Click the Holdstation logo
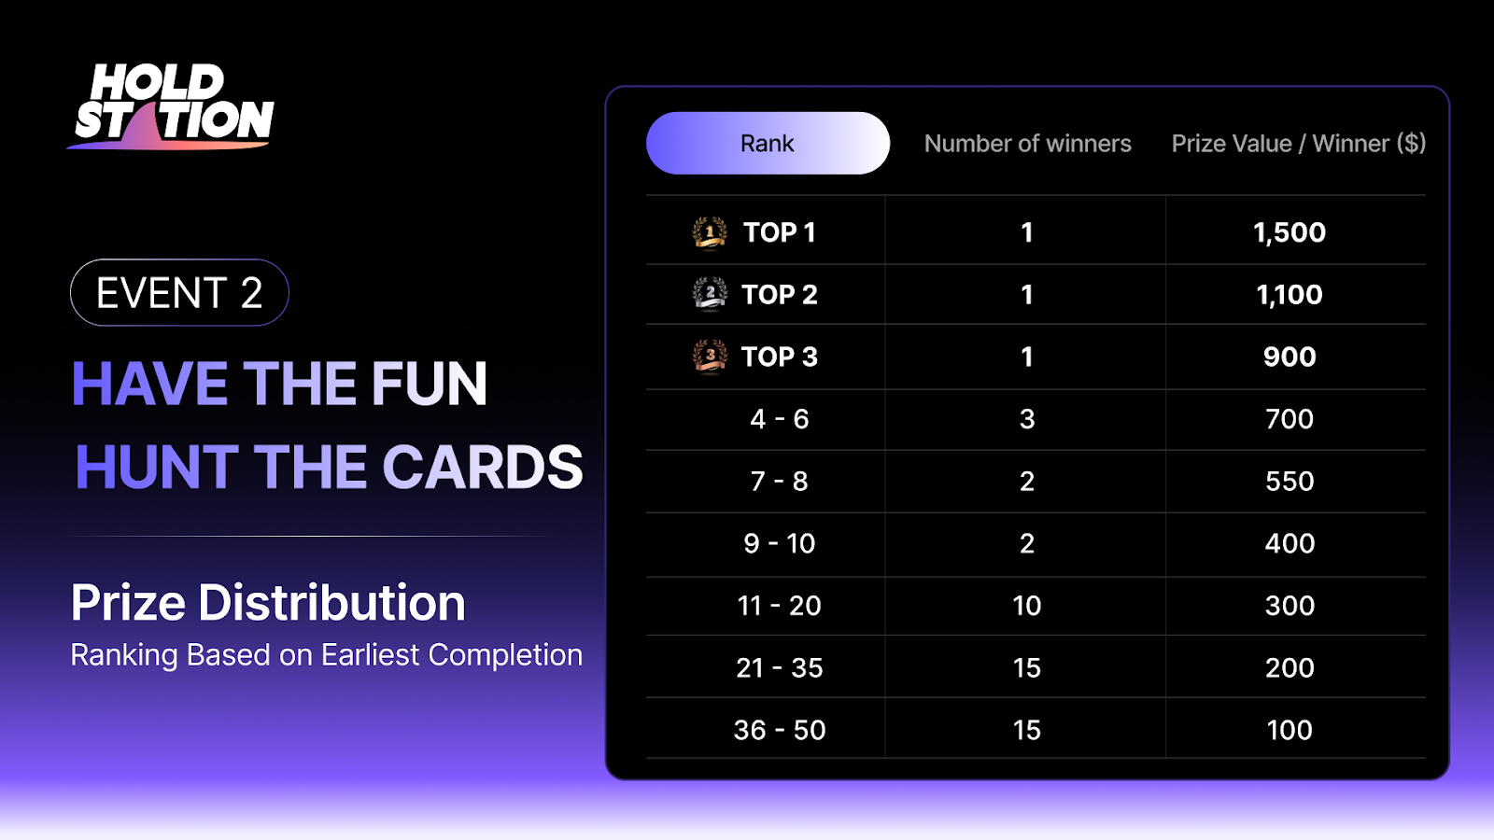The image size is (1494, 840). point(171,106)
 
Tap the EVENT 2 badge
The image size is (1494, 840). point(179,293)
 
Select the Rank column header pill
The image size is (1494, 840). point(768,144)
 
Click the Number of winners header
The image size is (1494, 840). point(1027,144)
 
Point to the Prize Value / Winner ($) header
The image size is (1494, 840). point(1299,144)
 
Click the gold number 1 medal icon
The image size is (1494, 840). point(709,232)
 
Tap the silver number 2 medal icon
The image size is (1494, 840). point(709,294)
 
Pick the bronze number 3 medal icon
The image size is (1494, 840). point(709,357)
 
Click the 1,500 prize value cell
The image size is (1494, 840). point(1290,232)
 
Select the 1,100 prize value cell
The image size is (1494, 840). point(1290,295)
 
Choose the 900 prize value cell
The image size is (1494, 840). point(1290,357)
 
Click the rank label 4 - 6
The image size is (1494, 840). point(779,419)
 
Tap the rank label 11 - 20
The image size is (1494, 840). point(779,606)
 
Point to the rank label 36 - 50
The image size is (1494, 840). point(779,730)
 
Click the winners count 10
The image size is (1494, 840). point(1026,606)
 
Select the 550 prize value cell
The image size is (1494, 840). point(1290,482)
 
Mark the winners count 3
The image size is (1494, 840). point(1027,419)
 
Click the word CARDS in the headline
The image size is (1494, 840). point(483,468)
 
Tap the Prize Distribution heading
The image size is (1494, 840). point(268,603)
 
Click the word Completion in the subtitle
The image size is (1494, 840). point(505,655)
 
